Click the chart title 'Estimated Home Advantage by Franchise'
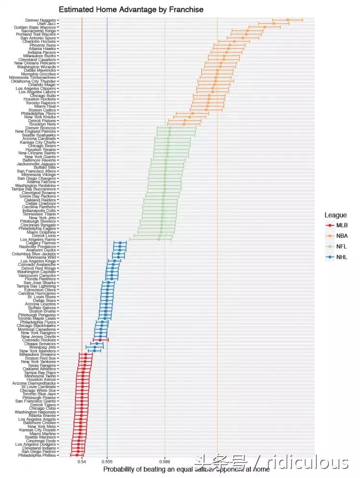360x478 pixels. point(131,10)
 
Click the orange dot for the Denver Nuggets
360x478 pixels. point(288,20)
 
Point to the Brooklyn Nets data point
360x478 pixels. point(184,124)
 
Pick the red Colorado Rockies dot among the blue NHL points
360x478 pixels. point(100,340)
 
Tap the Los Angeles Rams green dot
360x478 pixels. point(159,239)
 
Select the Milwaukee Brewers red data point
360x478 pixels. point(85,355)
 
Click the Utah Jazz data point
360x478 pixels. point(274,23)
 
